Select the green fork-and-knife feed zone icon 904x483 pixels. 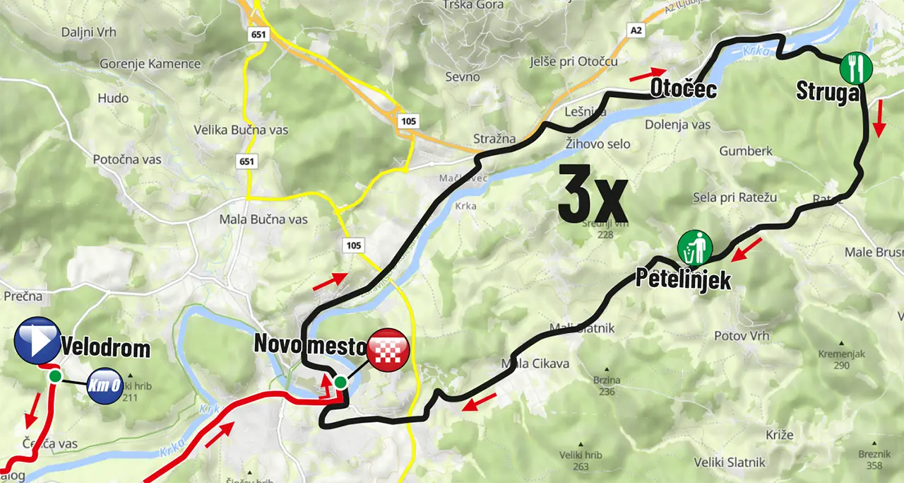pyautogui.click(x=856, y=69)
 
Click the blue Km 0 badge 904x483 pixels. pyautogui.click(x=105, y=386)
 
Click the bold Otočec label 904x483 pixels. pyautogui.click(x=683, y=89)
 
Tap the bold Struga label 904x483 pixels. pyautogui.click(x=828, y=92)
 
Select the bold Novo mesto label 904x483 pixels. pyautogui.click(x=309, y=345)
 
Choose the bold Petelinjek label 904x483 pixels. pyautogui.click(x=682, y=278)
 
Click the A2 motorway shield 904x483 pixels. pyautogui.click(x=637, y=30)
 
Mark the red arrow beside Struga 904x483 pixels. pyautogui.click(x=879, y=120)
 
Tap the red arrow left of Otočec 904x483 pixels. pyautogui.click(x=647, y=73)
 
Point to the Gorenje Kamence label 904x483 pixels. pyautogui.click(x=150, y=64)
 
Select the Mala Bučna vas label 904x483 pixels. pyautogui.click(x=263, y=219)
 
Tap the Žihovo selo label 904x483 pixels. pyautogui.click(x=597, y=144)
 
